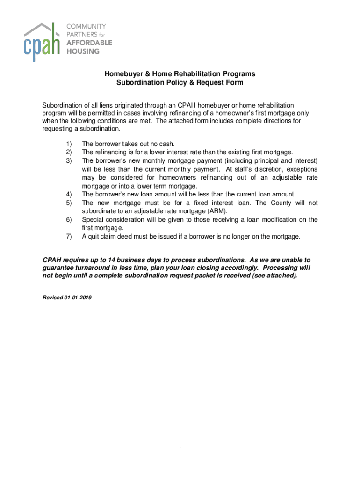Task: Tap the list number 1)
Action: (x=69, y=144)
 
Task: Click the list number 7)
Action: (x=69, y=237)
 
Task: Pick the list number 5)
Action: (x=69, y=203)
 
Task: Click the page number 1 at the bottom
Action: (x=180, y=445)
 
